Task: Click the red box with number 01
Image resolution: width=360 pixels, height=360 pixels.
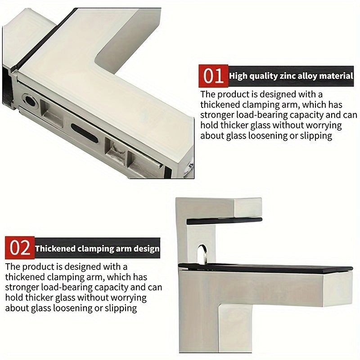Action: [x=213, y=76]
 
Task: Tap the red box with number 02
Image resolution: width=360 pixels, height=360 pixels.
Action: [x=20, y=248]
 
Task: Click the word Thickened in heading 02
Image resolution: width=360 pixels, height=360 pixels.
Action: [x=55, y=249]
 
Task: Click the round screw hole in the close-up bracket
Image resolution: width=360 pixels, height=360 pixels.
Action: [x=30, y=100]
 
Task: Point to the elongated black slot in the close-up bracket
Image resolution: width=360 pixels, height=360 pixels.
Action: [x=85, y=133]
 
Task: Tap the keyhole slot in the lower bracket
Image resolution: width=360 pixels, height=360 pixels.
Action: [x=202, y=253]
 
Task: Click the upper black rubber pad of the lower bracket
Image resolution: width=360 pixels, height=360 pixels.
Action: [x=224, y=221]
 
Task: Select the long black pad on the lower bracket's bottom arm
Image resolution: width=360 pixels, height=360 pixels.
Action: [x=265, y=269]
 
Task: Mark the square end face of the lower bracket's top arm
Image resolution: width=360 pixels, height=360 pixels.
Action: [x=248, y=208]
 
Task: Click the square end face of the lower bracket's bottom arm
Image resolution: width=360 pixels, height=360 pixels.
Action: [x=337, y=289]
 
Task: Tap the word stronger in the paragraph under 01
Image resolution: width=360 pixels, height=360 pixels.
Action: [x=217, y=115]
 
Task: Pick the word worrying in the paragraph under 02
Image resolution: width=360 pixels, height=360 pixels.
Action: [x=129, y=298]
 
